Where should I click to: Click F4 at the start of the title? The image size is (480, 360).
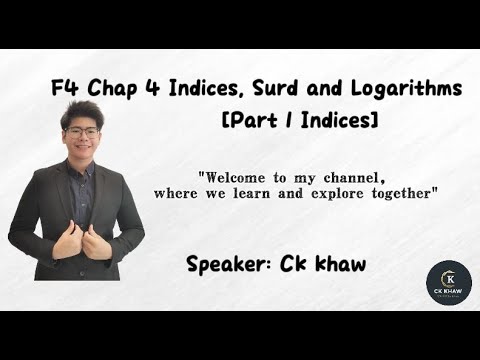pyautogui.click(x=64, y=89)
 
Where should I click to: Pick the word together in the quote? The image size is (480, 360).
pyautogui.click(x=403, y=190)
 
